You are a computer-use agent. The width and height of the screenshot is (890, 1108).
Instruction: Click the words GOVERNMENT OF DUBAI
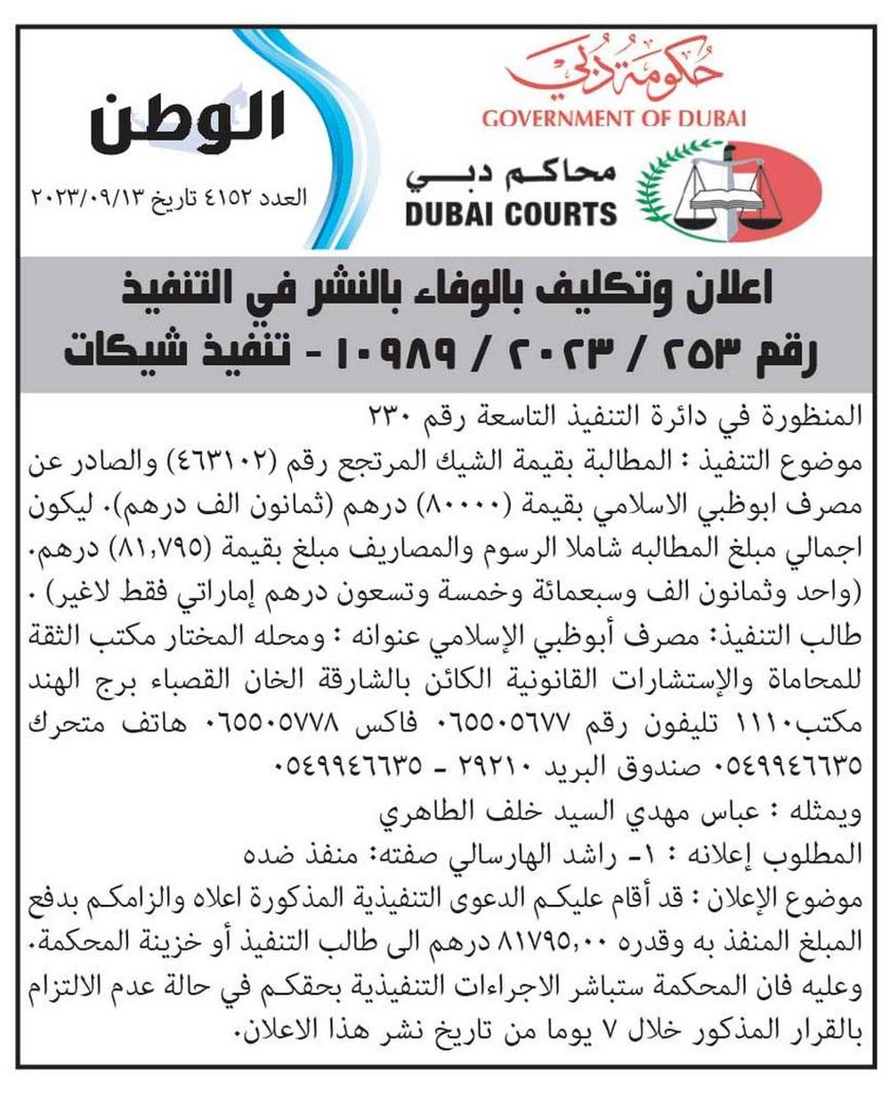(x=614, y=118)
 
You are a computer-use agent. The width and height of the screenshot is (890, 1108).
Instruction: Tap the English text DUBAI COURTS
(x=511, y=214)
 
